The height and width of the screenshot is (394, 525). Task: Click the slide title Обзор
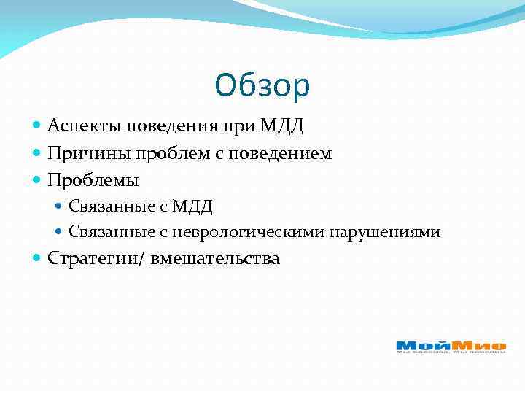point(262,86)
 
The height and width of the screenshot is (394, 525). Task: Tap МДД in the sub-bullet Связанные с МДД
point(192,206)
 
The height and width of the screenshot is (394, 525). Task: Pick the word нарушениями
point(385,233)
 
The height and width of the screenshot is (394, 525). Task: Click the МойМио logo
point(451,347)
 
